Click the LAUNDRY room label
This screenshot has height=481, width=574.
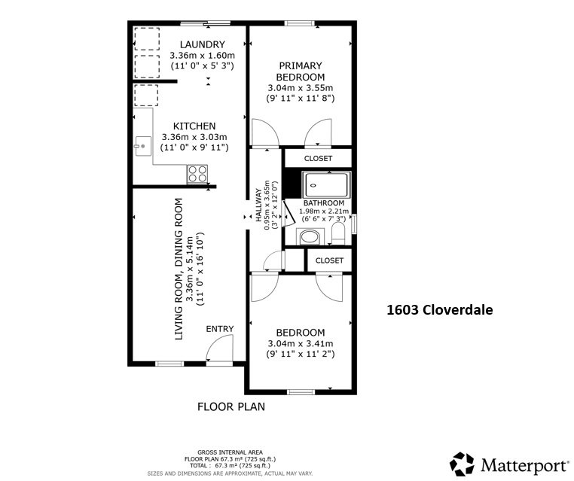click(x=202, y=44)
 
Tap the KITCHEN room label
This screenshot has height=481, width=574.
click(x=194, y=126)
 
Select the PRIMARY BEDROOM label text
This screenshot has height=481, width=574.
click(x=300, y=72)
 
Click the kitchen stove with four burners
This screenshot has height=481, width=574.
click(x=197, y=173)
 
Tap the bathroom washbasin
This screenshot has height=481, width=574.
click(x=309, y=238)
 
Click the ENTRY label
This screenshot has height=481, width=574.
click(x=220, y=328)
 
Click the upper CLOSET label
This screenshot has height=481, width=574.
click(x=318, y=159)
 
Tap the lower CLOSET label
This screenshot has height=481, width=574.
click(x=329, y=260)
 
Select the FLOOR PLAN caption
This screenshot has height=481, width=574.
click(x=231, y=406)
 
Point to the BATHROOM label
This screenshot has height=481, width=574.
click(x=324, y=203)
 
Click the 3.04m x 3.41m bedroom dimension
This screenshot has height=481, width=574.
click(x=300, y=343)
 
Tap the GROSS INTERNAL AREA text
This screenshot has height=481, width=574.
click(x=231, y=452)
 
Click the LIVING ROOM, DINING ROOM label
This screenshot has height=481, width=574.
click(x=179, y=269)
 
